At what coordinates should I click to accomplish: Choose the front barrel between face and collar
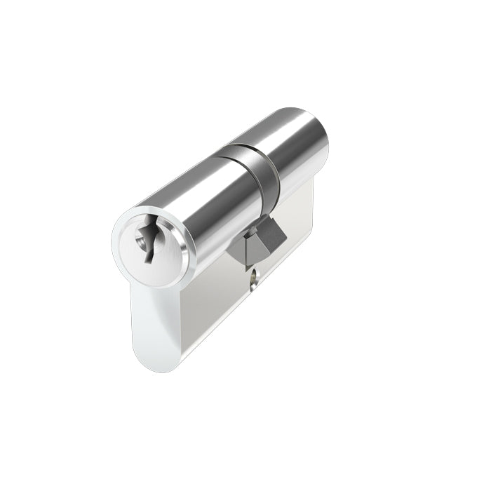coord(203,203)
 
